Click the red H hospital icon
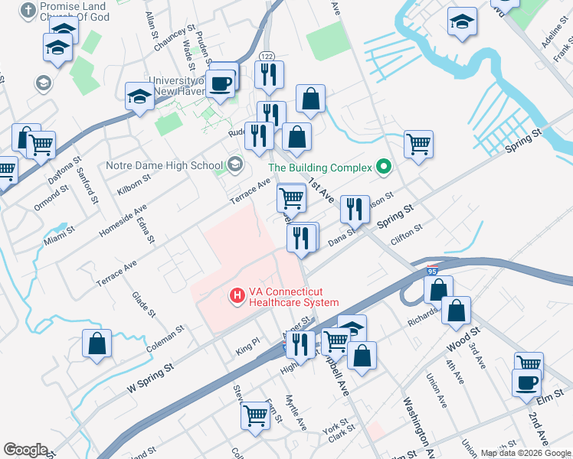coord(237,294)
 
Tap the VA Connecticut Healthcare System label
coord(293,297)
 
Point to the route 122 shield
coord(267,56)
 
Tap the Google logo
coord(25,449)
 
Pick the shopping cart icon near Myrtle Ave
coord(255,415)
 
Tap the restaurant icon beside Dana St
coord(353,209)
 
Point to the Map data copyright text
coord(525,452)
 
